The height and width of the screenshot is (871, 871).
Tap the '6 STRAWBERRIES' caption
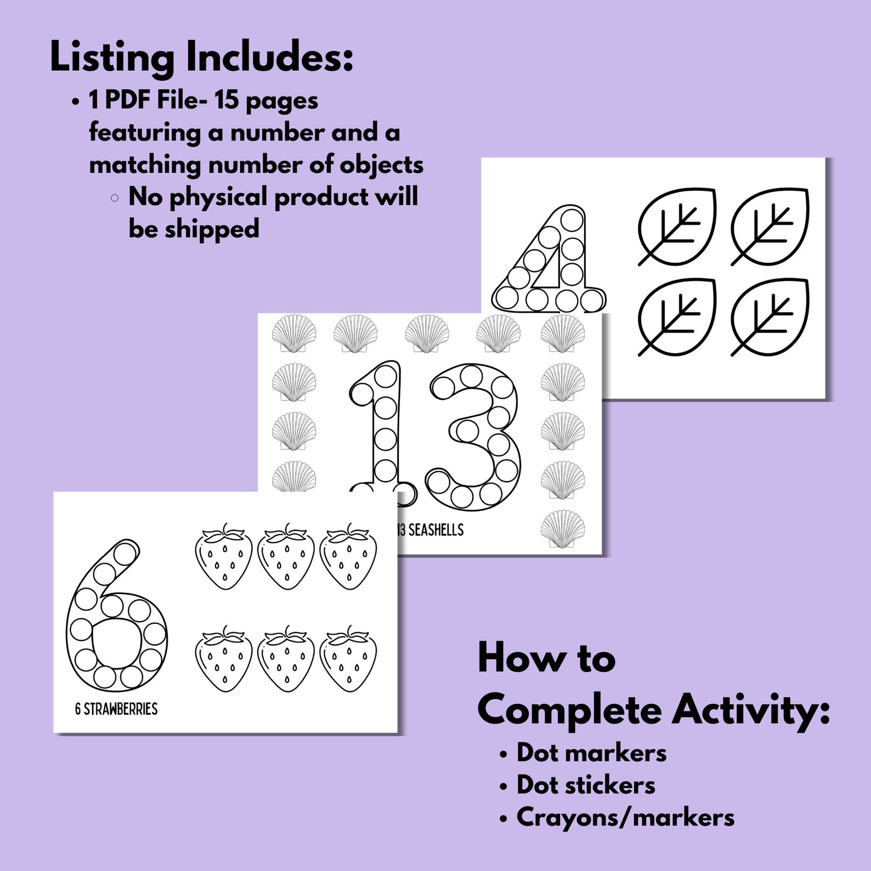(x=116, y=709)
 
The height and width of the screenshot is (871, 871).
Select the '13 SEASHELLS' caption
(x=429, y=530)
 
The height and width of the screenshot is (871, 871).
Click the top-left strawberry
(x=224, y=556)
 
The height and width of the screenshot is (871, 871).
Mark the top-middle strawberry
(x=286, y=556)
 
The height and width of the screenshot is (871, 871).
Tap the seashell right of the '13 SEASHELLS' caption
(x=563, y=530)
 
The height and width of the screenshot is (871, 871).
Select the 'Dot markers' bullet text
(x=591, y=753)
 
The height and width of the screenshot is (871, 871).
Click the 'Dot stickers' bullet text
(x=586, y=785)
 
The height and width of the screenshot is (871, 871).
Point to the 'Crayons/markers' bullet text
(x=625, y=817)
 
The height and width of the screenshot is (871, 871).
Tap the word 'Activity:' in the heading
(x=751, y=711)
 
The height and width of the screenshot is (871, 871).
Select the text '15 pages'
(x=266, y=101)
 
